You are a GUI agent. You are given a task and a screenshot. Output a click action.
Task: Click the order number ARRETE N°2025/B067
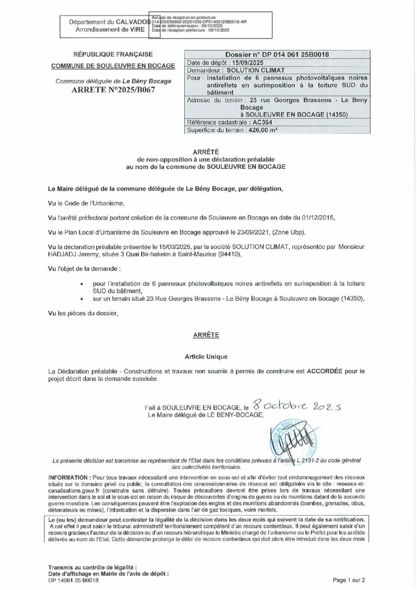pyautogui.click(x=113, y=90)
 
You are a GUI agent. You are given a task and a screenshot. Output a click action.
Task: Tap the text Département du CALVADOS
pyautogui.click(x=109, y=21)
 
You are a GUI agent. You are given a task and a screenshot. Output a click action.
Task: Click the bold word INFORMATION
pyautogui.click(x=69, y=478)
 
